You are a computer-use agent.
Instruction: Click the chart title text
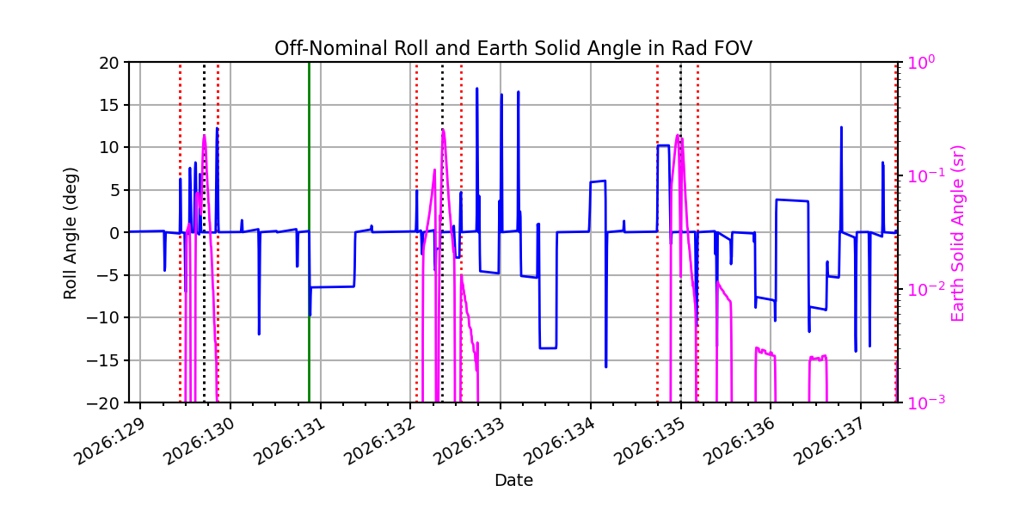[513, 48]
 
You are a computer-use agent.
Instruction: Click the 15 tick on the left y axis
[108, 105]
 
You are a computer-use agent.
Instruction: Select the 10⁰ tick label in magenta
[921, 62]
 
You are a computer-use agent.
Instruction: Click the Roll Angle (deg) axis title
[71, 233]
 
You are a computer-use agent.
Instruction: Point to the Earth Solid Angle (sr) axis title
[957, 233]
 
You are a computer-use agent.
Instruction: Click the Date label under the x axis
[513, 481]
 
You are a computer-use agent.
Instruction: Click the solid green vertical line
[309, 232]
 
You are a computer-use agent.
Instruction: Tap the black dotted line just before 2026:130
[205, 232]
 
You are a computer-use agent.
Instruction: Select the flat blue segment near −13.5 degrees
[549, 347]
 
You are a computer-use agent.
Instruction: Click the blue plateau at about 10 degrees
[663, 145]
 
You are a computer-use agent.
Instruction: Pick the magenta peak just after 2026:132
[443, 131]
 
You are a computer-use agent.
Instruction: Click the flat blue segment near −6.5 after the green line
[333, 287]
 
